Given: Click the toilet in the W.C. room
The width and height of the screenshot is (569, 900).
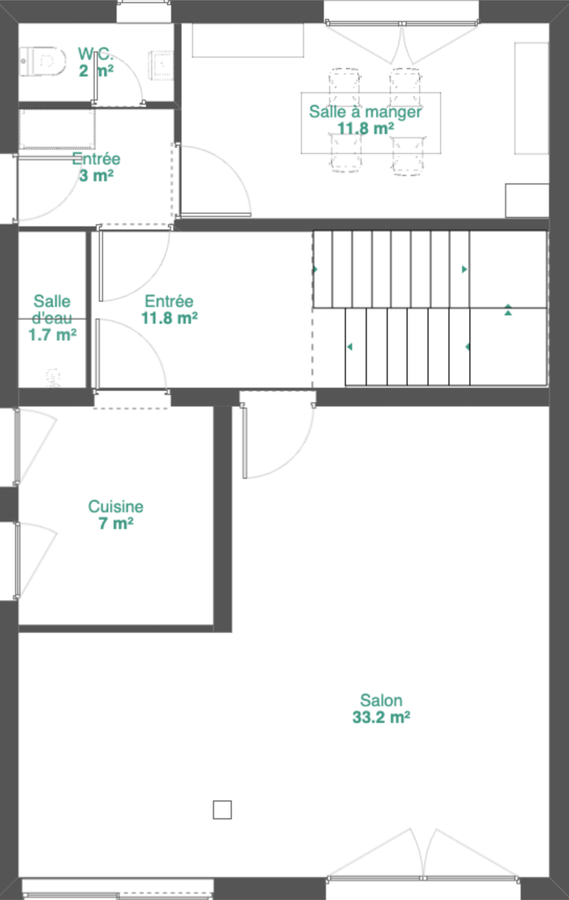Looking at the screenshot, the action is pos(42,62).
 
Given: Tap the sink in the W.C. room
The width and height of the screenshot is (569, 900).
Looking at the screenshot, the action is pos(162,65).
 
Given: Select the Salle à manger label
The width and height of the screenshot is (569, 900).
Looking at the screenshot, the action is pos(365,112).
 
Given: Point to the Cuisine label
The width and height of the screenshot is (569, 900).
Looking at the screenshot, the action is pos(116,506).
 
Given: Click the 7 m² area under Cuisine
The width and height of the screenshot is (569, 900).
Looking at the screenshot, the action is pos(116,523).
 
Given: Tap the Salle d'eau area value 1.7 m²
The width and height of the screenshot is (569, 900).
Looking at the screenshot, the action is pos(52,334).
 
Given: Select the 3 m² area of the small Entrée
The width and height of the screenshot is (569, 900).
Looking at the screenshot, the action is pos(96,176).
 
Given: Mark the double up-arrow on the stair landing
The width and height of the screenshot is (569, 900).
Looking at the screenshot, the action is pos(508,310).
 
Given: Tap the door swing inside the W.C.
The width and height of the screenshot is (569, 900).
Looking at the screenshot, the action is pos(119,79).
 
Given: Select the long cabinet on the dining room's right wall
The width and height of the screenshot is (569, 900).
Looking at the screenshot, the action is pos(532,98).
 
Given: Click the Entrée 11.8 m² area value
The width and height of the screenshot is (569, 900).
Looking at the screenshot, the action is pos(170,318).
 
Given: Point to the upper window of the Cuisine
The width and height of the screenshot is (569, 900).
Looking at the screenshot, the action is pos(17,447).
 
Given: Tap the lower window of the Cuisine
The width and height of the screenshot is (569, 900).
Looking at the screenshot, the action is pos(17,560).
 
